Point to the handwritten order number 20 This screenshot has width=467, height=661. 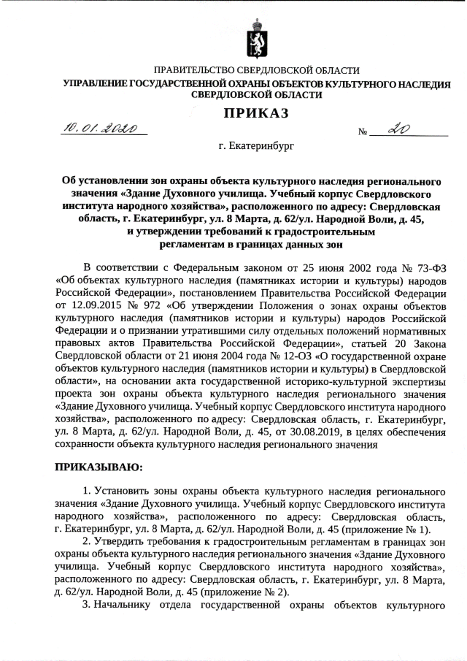click(398, 129)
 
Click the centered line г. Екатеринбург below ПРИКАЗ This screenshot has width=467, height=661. click(255, 147)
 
